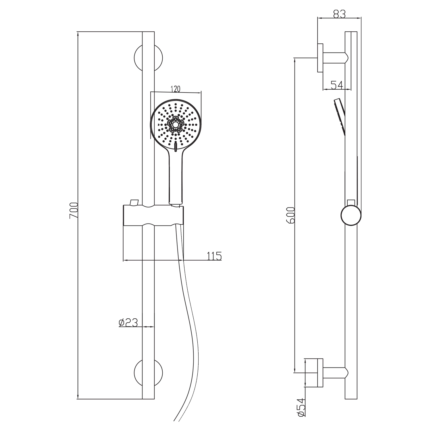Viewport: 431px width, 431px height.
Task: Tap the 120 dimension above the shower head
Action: point(175,89)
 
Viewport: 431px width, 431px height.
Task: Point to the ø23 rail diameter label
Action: point(128,323)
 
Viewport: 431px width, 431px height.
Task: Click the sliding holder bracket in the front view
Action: point(153,215)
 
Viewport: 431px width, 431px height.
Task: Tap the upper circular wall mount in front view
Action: point(148,58)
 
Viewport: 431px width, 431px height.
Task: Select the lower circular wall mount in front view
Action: point(148,372)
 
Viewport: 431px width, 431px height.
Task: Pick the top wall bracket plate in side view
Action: point(320,58)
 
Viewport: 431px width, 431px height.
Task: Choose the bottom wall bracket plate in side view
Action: point(320,373)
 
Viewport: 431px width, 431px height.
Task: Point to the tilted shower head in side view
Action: point(340,117)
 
